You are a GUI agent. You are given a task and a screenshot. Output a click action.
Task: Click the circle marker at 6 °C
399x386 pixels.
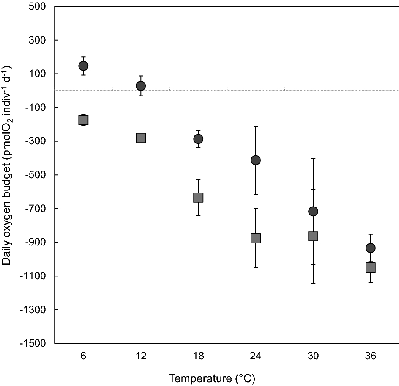83,66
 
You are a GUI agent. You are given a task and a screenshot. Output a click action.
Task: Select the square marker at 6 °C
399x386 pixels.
83,120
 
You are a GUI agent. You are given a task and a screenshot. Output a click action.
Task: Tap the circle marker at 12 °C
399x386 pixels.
141,86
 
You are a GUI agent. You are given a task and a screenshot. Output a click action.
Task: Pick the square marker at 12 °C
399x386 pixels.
141,138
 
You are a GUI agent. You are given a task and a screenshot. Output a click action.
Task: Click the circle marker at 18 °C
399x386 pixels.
198,139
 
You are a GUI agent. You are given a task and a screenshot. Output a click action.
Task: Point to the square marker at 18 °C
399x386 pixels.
198,198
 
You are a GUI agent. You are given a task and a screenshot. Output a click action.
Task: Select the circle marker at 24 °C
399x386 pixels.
255,160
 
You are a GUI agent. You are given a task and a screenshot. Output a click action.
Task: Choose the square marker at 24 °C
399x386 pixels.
255,238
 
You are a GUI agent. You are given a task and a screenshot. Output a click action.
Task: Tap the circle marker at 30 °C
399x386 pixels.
313,211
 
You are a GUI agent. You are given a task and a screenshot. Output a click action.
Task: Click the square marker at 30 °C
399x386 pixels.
313,236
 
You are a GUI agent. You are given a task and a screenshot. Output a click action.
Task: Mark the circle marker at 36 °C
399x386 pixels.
370,248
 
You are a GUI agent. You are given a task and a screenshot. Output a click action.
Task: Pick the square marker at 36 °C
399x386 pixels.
370,267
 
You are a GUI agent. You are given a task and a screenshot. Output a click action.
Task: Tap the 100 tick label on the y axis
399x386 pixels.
39,74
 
